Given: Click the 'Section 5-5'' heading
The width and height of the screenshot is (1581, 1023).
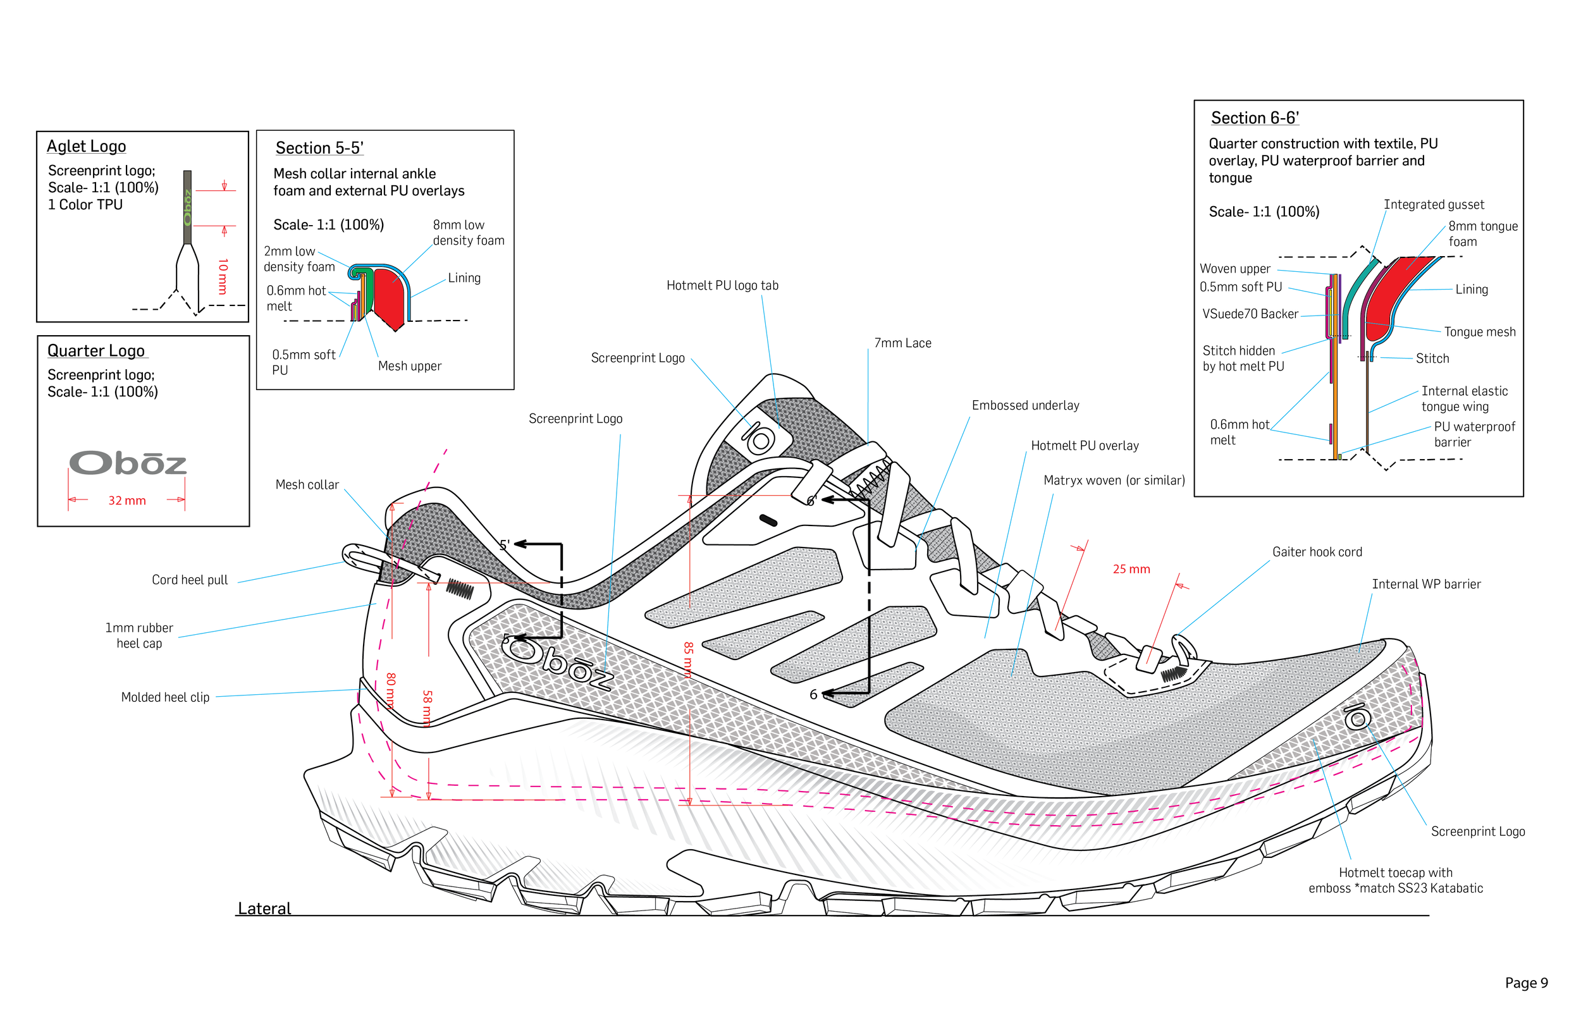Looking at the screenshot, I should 319,148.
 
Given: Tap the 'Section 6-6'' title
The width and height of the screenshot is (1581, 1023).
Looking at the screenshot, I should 1254,118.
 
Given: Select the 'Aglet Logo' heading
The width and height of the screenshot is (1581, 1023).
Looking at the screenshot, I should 87,146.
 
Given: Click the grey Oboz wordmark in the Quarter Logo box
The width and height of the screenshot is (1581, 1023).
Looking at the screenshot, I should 128,463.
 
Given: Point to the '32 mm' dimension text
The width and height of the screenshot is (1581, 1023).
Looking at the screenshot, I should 127,500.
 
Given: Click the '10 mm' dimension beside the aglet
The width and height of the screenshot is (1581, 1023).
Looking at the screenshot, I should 223,276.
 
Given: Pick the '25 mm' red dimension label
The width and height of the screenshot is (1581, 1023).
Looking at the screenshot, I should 1131,569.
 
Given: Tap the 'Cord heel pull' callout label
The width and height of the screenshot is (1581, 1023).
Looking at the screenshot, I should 189,580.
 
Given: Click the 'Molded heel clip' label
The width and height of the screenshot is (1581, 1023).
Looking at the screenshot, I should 165,697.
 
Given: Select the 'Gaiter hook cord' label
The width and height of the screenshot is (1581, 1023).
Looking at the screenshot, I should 1317,552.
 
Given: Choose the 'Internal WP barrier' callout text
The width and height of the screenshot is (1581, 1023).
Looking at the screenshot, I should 1426,585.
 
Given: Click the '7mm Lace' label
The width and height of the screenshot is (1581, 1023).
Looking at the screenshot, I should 902,343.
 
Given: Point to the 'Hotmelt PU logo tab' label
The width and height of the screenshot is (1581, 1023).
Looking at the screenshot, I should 722,286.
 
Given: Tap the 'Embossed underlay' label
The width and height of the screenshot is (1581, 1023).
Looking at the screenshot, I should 1025,406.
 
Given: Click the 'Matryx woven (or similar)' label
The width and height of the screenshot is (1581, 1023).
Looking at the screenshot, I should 1114,481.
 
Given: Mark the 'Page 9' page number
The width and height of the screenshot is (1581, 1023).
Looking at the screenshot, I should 1526,983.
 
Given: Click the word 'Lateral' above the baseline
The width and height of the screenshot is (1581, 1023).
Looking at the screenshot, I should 264,909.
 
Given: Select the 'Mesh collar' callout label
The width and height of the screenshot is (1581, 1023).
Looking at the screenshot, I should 307,485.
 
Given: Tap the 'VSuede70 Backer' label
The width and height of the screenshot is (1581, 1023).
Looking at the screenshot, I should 1250,314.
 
